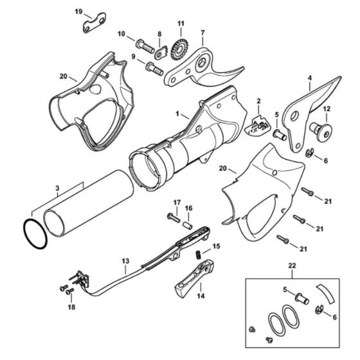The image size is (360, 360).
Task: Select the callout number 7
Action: coord(203,33)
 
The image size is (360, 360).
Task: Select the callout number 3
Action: coord(57,190)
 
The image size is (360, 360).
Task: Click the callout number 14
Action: coord(201,296)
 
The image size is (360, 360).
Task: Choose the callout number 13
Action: coord(125,262)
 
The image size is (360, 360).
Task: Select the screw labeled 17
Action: coord(174,218)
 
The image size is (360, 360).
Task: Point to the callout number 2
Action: coord(258,101)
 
